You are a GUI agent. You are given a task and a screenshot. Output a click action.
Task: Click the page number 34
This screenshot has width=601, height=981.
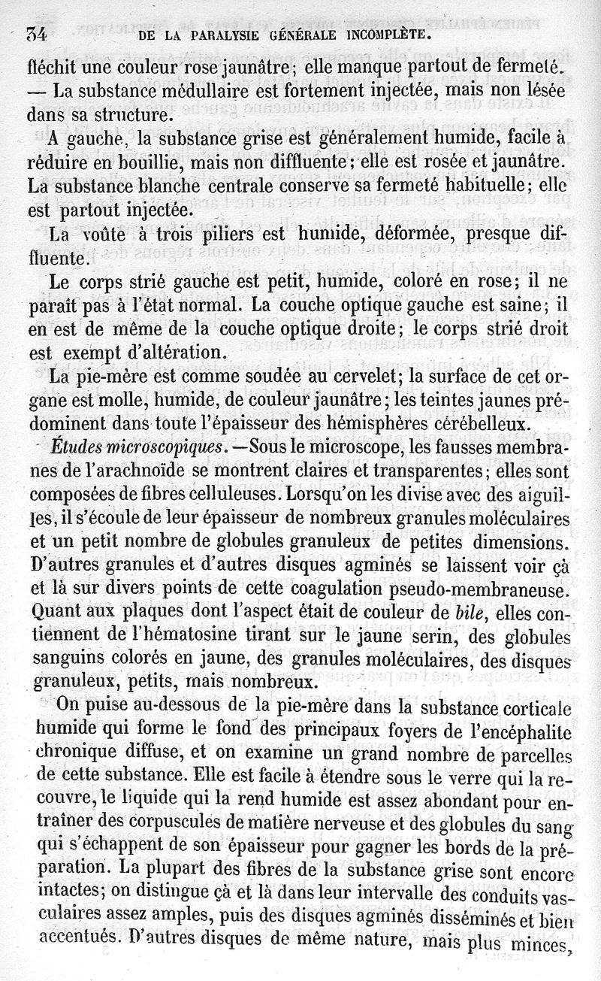pos(37,34)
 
